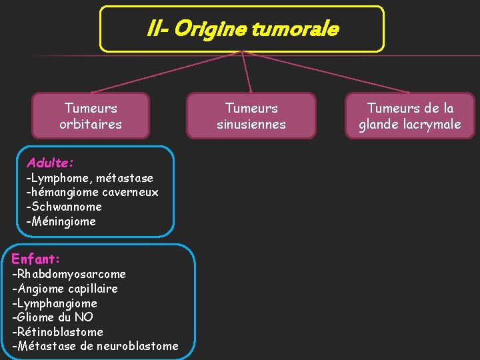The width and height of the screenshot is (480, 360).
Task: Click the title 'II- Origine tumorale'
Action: pyautogui.click(x=242, y=29)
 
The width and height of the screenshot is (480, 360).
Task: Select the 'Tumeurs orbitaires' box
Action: pyautogui.click(x=91, y=116)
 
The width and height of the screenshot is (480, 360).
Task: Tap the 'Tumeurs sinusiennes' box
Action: pyautogui.click(x=251, y=116)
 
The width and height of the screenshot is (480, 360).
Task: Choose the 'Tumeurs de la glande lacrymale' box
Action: pyautogui.click(x=410, y=116)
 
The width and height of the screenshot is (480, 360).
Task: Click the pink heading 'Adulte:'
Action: pyautogui.click(x=50, y=162)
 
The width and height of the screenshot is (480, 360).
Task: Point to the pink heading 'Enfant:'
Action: pyautogui.click(x=37, y=258)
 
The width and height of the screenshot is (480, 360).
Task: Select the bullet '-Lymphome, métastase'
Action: pyautogui.click(x=89, y=178)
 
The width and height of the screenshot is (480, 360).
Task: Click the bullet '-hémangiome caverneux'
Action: pyautogui.click(x=92, y=192)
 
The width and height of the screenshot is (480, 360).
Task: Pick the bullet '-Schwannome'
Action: pyautogui.click(x=64, y=207)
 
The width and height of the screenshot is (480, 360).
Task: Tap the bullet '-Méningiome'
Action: pyautogui.click(x=61, y=221)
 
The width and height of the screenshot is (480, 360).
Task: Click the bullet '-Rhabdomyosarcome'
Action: pyautogui.click(x=69, y=274)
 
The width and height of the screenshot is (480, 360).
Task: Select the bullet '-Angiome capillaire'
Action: pyautogui.click(x=65, y=289)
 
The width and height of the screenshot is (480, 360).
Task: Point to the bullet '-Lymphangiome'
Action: pyautogui.click(x=55, y=303)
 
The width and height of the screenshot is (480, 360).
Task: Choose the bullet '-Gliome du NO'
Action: pyautogui.click(x=53, y=317)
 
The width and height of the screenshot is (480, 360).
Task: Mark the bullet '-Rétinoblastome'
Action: pyautogui.click(x=57, y=332)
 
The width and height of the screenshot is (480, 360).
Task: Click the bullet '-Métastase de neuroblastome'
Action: pyautogui.click(x=95, y=346)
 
